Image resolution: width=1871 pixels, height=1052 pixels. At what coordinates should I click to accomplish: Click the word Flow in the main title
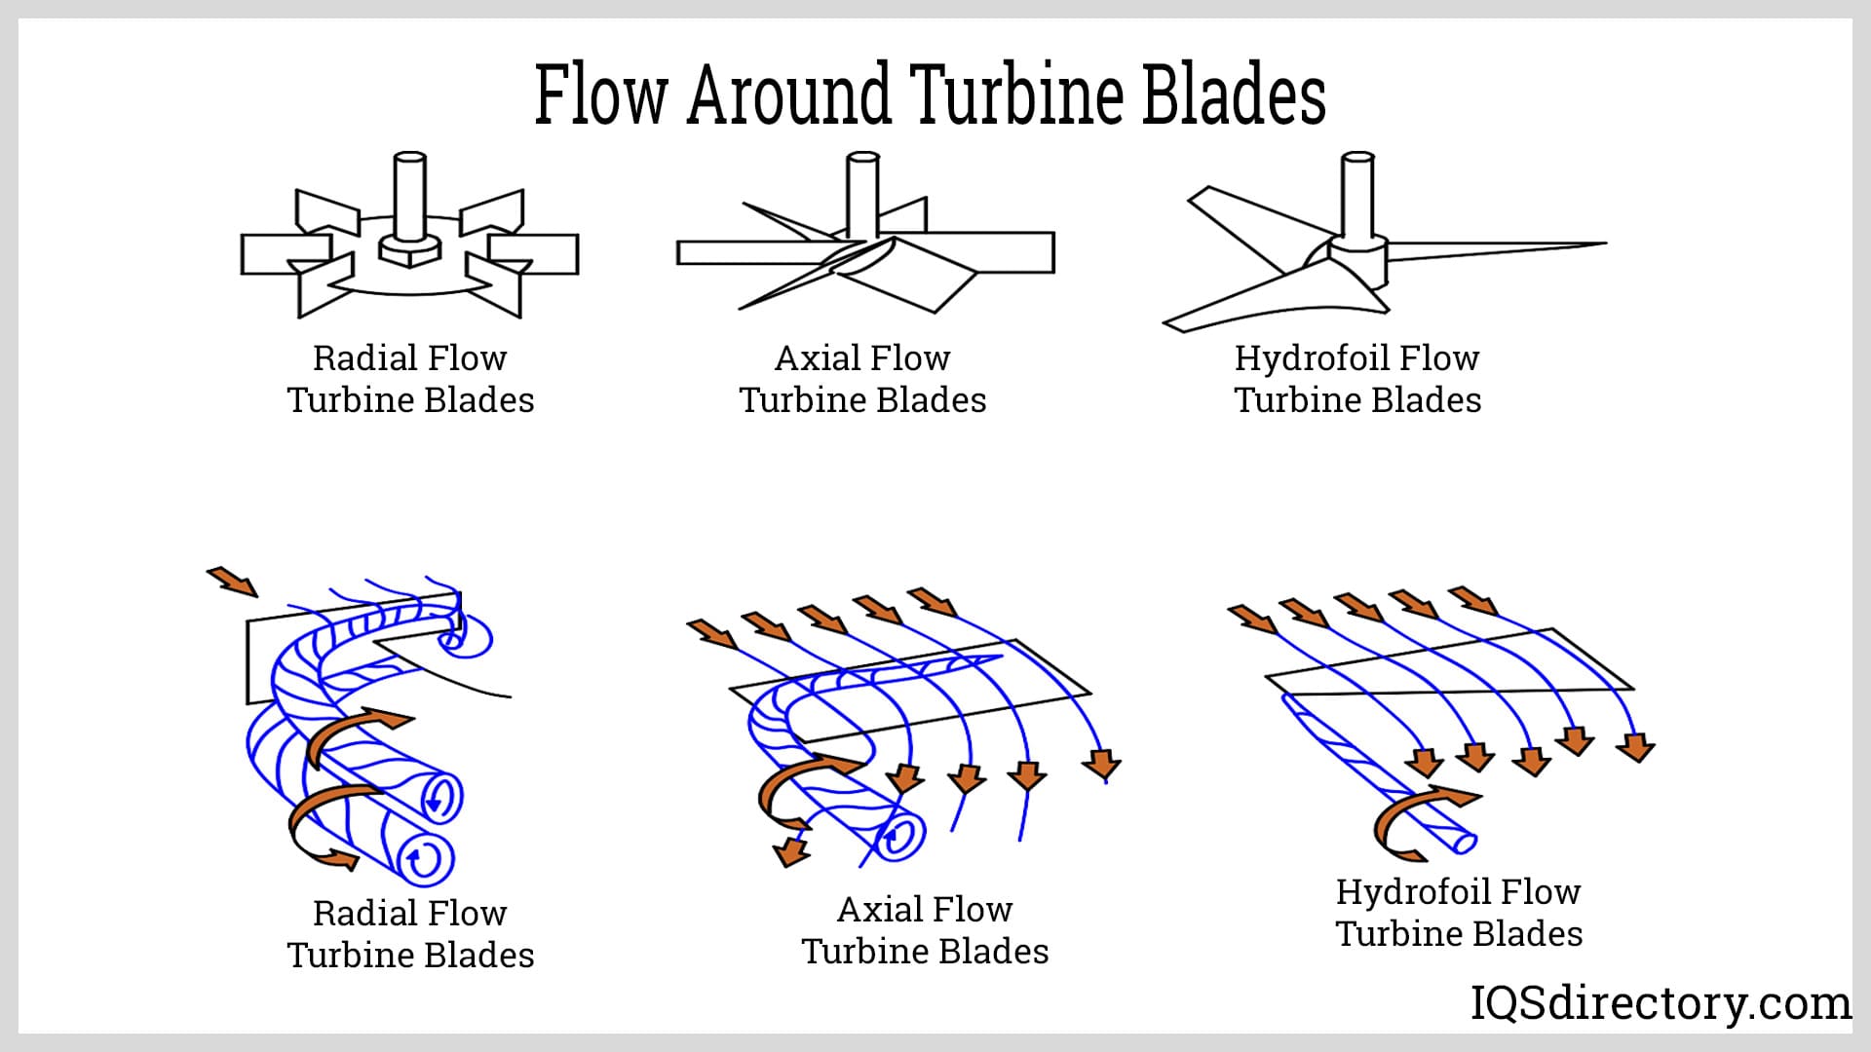click(x=600, y=94)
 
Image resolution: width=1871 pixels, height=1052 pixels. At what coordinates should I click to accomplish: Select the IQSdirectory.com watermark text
click(x=1660, y=1002)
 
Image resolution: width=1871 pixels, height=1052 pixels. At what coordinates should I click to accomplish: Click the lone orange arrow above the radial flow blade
click(x=233, y=581)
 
